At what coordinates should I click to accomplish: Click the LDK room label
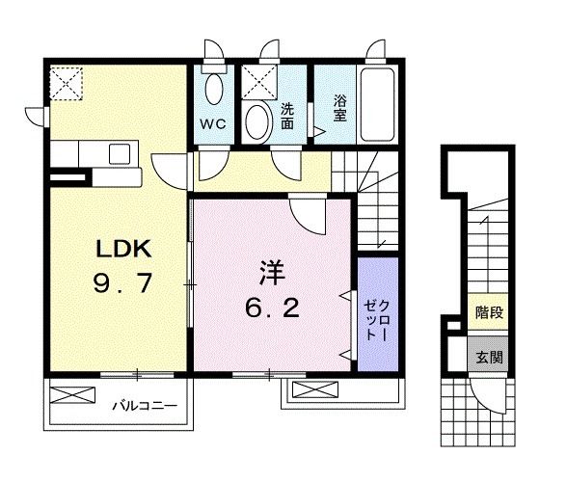pos(122,248)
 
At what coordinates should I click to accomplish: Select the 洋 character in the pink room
pos(271,274)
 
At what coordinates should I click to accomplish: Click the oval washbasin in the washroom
pos(257,123)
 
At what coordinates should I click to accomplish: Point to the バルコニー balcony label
pos(142,405)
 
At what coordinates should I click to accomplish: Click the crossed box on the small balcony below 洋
pos(310,389)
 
